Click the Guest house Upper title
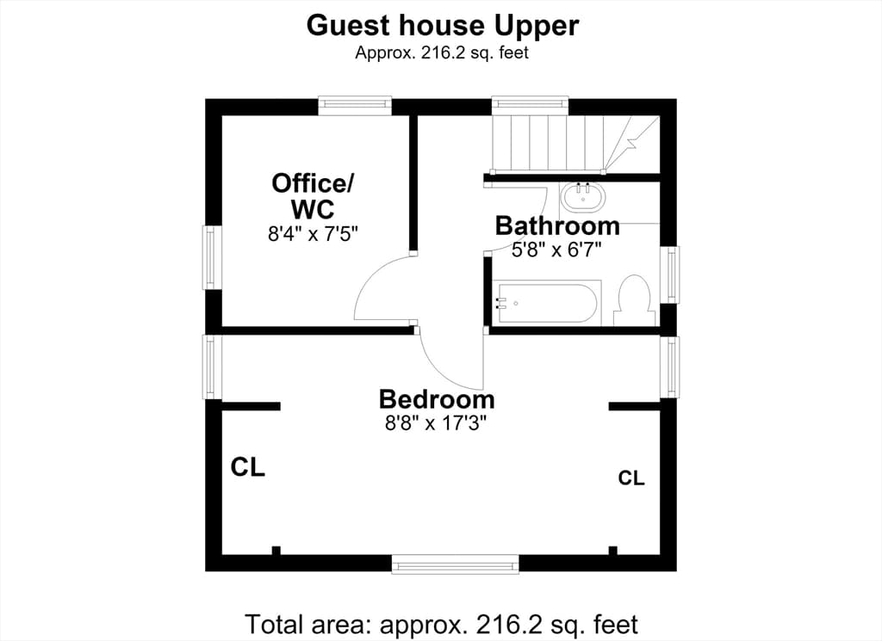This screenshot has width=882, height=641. tap(442, 26)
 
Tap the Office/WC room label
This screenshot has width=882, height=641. tap(313, 196)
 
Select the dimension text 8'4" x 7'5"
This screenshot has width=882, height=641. tap(313, 234)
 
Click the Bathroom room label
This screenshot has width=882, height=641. tap(557, 225)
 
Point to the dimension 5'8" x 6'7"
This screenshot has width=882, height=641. tap(557, 250)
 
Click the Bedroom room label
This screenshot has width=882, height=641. tap(437, 399)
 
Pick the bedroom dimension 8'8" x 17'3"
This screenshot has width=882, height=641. tap(435, 422)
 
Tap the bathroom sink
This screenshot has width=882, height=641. tap(583, 197)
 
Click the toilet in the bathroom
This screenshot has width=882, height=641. tap(635, 300)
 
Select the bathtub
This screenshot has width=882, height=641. tap(546, 303)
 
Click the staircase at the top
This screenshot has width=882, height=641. tap(575, 144)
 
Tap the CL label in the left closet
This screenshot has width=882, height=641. tap(247, 467)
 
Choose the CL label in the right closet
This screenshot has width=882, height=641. tap(631, 478)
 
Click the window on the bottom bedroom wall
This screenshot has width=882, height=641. tap(455, 564)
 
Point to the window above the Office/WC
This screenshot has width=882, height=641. tap(354, 106)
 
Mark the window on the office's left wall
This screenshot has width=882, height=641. tap(211, 257)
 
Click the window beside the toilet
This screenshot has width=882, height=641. tap(669, 274)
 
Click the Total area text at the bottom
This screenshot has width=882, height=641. tap(442, 624)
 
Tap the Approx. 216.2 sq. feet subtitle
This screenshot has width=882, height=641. tap(442, 52)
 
